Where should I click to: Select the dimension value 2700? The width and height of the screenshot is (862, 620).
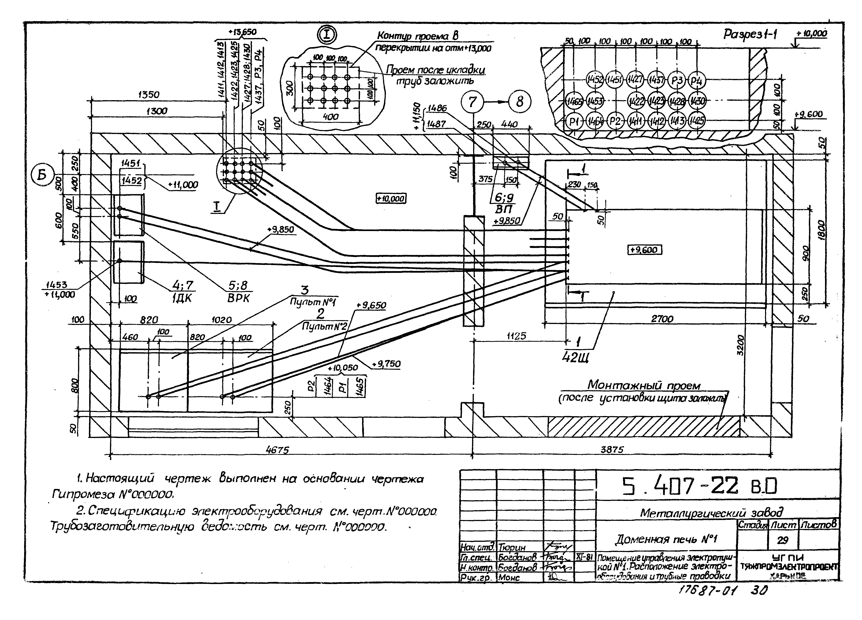point(662,319)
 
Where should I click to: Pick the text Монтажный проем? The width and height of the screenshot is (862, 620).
point(644,385)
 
